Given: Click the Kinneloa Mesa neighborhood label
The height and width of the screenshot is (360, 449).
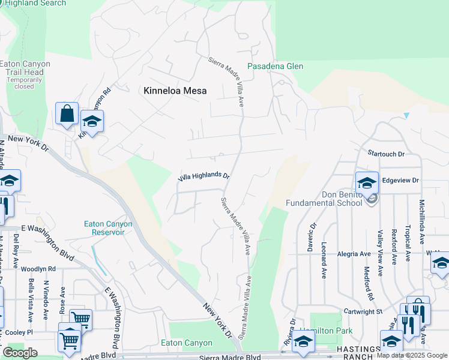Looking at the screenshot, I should pos(175,91).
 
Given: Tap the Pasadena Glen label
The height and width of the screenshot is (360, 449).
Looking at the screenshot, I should pos(276,66).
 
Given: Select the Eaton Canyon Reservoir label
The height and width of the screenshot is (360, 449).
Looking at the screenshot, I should pos(108,228).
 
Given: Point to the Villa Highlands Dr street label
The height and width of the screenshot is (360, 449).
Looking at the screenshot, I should pos(204,177).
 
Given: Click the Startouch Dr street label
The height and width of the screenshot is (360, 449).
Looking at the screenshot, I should pos(387,154).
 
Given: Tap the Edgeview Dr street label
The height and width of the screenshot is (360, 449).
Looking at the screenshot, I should pos(400,180).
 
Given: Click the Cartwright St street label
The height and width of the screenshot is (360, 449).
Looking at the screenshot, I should pos(363,312).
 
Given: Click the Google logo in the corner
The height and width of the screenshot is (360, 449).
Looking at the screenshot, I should pos(19,352).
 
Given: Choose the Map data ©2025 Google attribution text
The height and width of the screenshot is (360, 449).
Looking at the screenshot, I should pos(412,355).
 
